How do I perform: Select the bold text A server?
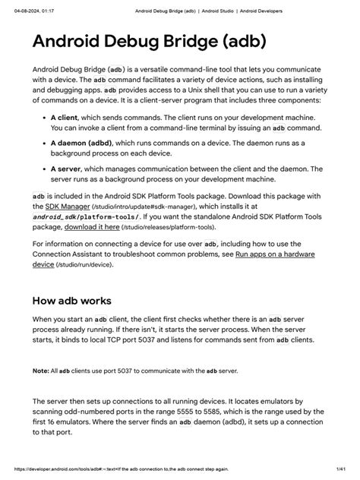(x=67, y=169)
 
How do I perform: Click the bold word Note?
(x=40, y=371)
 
